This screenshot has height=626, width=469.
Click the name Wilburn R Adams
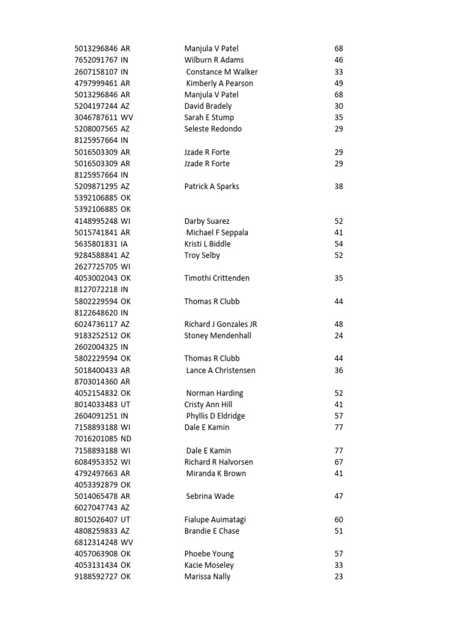[x=214, y=60]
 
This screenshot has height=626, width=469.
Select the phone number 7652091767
[x=96, y=60]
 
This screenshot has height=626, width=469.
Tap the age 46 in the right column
[x=339, y=60]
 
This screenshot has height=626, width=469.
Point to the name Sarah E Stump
[x=209, y=117]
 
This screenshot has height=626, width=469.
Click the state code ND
[x=126, y=439]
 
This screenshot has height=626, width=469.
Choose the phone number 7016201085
[x=96, y=439]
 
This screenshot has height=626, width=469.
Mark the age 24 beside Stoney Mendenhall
[x=339, y=336]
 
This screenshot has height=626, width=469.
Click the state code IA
[x=125, y=244]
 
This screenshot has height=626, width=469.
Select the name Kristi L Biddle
[x=208, y=244]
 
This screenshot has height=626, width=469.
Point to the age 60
[x=339, y=520]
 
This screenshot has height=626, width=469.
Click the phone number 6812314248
[x=96, y=542]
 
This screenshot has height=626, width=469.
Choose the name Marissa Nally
[x=208, y=576]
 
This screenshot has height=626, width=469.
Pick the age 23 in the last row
[x=339, y=576]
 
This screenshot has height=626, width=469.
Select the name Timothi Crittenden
[x=217, y=278]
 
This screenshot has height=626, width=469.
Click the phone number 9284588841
[x=96, y=256]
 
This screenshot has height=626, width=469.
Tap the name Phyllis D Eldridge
[x=216, y=416]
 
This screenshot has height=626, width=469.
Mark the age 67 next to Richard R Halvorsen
[x=339, y=462]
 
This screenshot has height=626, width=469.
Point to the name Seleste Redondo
[x=213, y=129]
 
